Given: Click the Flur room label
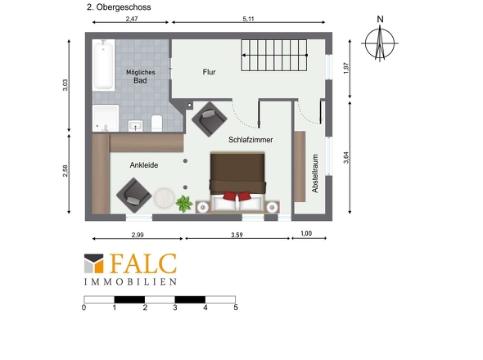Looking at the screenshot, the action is (x=209, y=72).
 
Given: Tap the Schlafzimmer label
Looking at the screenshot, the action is (x=251, y=140).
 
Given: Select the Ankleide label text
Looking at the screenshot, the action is (x=144, y=165).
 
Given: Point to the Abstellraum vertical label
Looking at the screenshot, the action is (x=315, y=173).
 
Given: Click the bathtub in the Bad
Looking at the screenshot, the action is (x=103, y=65).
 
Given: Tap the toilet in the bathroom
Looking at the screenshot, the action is (x=157, y=123).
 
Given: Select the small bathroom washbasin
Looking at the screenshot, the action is (x=136, y=126).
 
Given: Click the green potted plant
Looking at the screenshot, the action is (x=184, y=204).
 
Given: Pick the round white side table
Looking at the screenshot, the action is (x=165, y=198).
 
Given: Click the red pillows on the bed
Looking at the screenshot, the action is (x=237, y=196).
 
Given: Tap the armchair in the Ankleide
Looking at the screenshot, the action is (x=134, y=195).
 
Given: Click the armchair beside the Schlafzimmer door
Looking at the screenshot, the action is (x=210, y=119).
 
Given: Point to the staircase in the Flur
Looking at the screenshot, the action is (x=274, y=55).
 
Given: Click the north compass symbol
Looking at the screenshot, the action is (x=380, y=43).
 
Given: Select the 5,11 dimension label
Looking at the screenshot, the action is (x=248, y=19).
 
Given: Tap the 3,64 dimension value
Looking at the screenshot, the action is (x=346, y=157).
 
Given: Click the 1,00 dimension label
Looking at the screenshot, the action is (x=306, y=233).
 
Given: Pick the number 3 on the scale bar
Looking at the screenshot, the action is (x=175, y=308).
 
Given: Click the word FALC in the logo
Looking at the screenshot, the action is (x=143, y=263).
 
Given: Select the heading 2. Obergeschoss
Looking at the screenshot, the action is (x=119, y=7).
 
